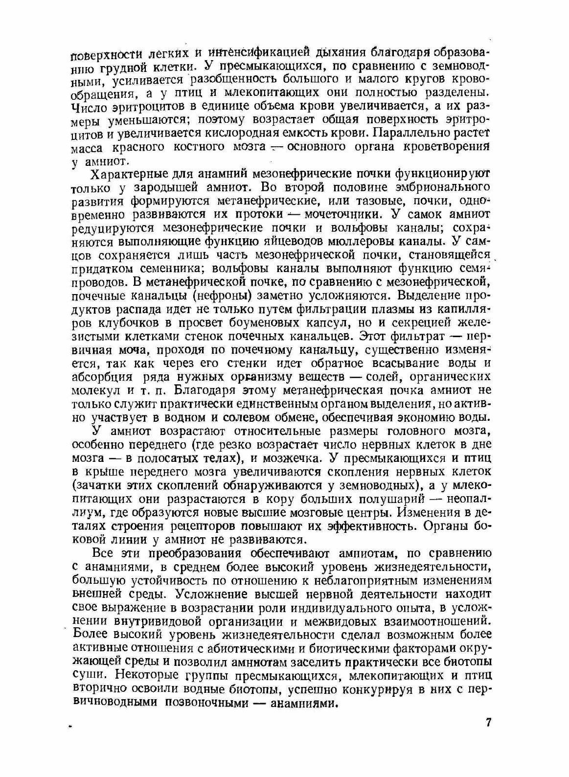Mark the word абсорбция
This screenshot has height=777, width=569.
tap(102, 377)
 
